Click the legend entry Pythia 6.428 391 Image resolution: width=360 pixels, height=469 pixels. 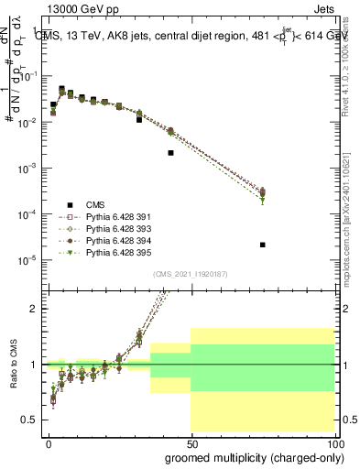pos(112,217)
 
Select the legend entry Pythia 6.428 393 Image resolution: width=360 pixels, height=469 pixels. pos(112,228)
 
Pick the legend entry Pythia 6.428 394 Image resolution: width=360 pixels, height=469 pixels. pos(112,240)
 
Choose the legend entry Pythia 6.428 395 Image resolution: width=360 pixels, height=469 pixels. pos(112,251)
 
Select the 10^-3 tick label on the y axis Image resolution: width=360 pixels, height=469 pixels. pos(27,168)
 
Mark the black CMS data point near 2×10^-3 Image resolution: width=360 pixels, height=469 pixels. pos(170,153)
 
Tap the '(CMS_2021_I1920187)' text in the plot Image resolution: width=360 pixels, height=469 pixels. pos(190,274)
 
